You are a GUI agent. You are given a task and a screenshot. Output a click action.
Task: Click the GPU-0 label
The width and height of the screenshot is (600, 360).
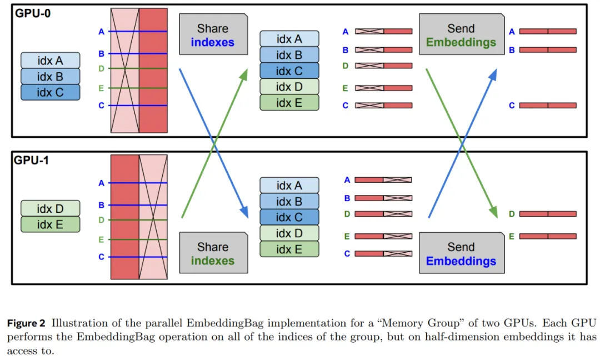click(x=33, y=13)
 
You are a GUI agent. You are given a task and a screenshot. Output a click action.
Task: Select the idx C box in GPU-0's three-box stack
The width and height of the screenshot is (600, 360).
click(x=51, y=92)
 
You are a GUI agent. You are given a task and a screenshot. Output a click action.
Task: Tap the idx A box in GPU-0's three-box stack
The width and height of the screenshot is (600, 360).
click(x=51, y=60)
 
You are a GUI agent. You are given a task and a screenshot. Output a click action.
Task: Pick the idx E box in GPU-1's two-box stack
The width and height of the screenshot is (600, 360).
click(x=51, y=224)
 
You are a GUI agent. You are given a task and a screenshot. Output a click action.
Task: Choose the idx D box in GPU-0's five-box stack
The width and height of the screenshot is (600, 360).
click(x=289, y=87)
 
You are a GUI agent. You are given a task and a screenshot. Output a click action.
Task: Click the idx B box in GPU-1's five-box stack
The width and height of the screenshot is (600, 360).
click(x=289, y=201)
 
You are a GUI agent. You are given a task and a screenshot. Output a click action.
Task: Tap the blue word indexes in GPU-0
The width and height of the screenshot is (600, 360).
click(x=213, y=42)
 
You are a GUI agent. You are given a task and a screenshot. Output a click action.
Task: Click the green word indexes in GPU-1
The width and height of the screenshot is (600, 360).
click(x=213, y=261)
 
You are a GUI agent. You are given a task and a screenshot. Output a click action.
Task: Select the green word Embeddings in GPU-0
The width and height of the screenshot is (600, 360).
click(x=461, y=42)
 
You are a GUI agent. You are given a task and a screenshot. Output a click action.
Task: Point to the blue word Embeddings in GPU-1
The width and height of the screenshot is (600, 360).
click(x=461, y=261)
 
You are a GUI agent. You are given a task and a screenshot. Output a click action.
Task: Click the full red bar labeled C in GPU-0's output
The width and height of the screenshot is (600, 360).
click(x=548, y=106)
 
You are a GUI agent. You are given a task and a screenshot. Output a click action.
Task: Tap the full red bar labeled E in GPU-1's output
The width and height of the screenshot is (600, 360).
click(x=548, y=236)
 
